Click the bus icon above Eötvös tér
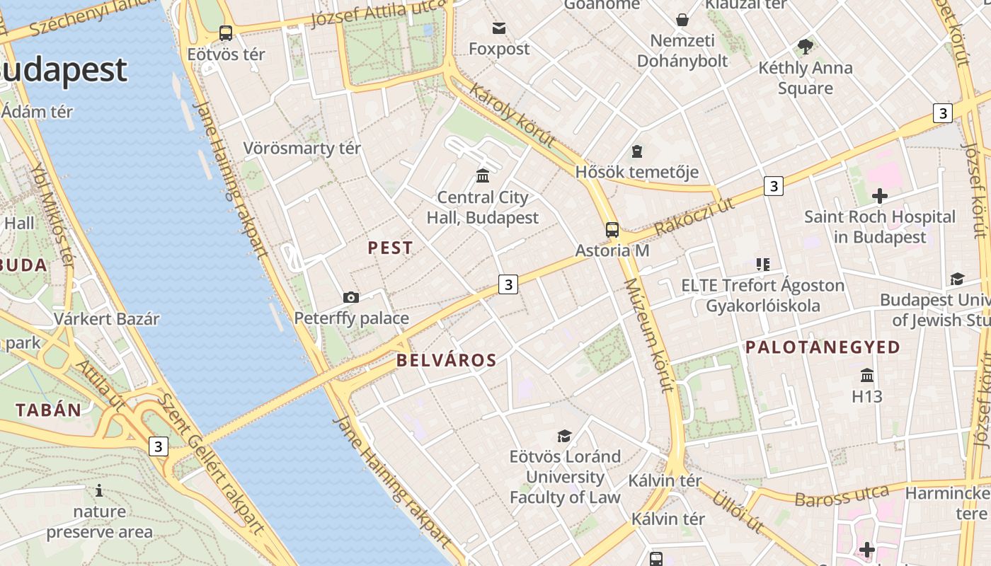(x=225, y=33)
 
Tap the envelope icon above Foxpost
(x=499, y=28)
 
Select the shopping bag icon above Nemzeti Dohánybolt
(x=682, y=19)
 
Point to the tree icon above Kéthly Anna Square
(x=805, y=47)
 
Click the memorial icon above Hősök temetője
(x=637, y=151)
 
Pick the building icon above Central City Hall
(x=483, y=175)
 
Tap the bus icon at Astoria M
(x=612, y=230)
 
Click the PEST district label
(x=390, y=248)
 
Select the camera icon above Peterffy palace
(x=350, y=297)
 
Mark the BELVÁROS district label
(x=446, y=360)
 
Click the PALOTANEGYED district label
(x=823, y=347)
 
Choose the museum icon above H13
(x=867, y=375)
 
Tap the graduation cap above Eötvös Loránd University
(x=564, y=436)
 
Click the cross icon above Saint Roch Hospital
(x=880, y=196)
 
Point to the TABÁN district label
(x=49, y=410)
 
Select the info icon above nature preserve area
(x=99, y=490)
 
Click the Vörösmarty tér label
(x=302, y=148)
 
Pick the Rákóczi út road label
(x=694, y=216)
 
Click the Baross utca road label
(x=842, y=496)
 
